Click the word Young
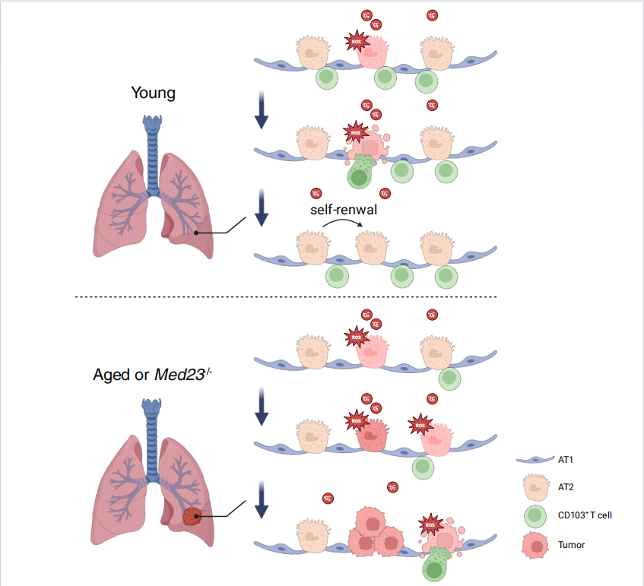coord(153,93)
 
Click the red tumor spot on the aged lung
coord(193,517)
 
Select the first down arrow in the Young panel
coord(262,110)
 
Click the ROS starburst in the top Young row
coord(356,41)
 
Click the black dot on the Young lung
coord(196,233)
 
